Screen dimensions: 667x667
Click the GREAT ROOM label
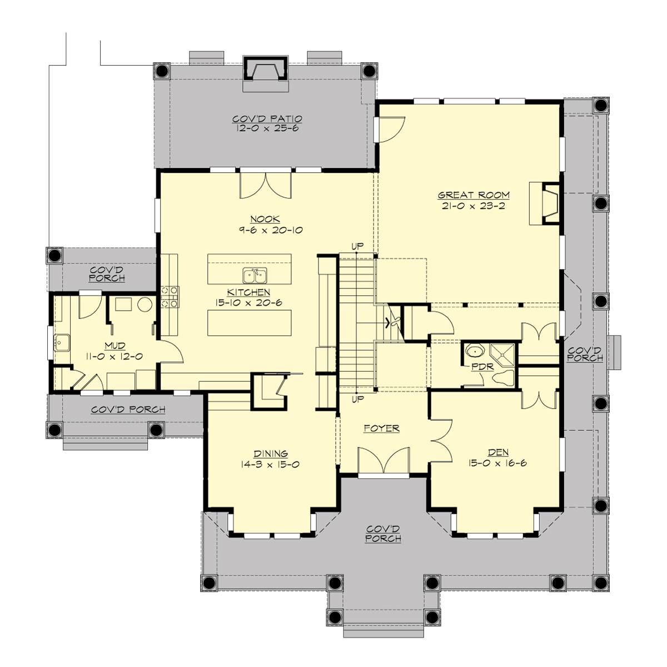click(x=474, y=195)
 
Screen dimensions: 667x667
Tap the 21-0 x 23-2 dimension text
click(x=474, y=206)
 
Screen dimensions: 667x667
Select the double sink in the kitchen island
click(x=255, y=275)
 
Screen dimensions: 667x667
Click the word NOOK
click(x=265, y=220)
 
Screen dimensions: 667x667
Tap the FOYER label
click(x=381, y=429)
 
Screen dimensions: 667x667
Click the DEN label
click(x=498, y=452)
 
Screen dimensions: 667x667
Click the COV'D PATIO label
click(x=267, y=118)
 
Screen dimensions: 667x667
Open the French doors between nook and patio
click(x=265, y=185)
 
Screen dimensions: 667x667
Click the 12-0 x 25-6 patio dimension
click(x=267, y=128)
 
